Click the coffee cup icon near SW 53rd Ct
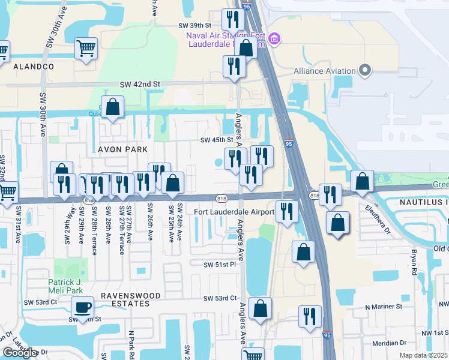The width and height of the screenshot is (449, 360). pos(83,308)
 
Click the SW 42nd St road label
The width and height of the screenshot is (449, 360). pos(140,85)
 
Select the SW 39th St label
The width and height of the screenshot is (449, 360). pos(195,26)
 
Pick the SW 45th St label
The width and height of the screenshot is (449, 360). pos(216,140)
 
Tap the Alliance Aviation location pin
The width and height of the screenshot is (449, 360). pos(365,70)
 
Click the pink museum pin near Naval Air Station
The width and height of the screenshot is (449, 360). pos(275,40)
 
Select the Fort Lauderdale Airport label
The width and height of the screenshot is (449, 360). pos(235,211)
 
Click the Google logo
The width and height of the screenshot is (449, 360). pos(20,353)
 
